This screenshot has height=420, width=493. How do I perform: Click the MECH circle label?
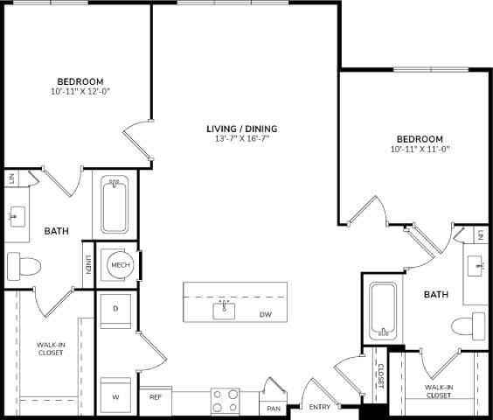pyautogui.click(x=118, y=263)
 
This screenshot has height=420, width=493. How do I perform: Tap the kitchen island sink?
pyautogui.click(x=224, y=311)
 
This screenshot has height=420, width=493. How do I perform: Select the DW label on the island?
pyautogui.click(x=264, y=314)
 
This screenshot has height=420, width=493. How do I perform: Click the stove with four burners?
pyautogui.click(x=225, y=400)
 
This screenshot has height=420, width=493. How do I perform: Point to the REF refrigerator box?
pyautogui.click(x=156, y=397)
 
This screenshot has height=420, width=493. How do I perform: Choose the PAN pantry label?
pyautogui.click(x=273, y=408)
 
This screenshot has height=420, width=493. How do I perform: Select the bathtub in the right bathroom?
pyautogui.click(x=383, y=311)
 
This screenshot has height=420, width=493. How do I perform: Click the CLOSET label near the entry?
pyautogui.click(x=379, y=376)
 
